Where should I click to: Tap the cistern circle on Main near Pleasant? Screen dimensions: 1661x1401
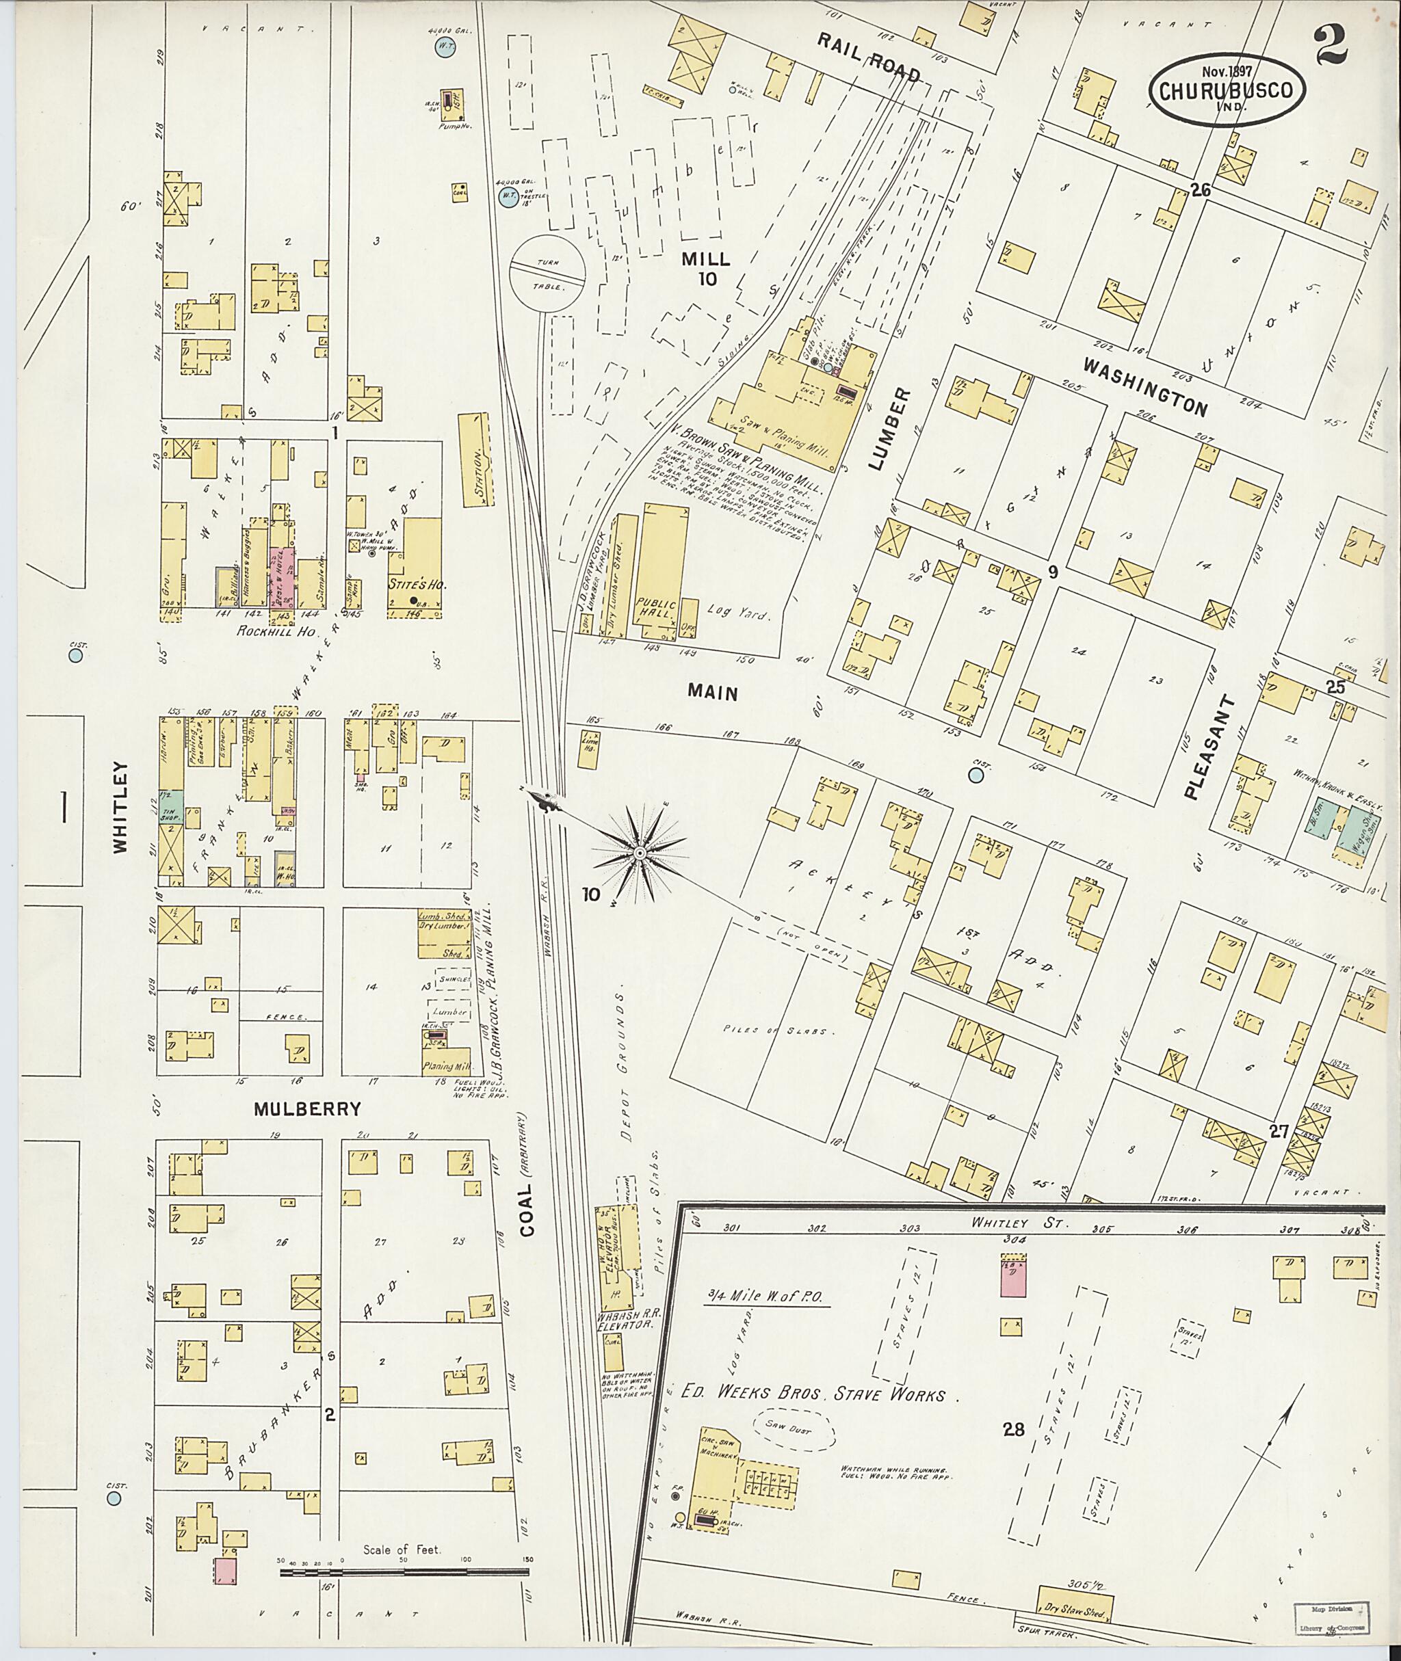click(976, 773)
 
